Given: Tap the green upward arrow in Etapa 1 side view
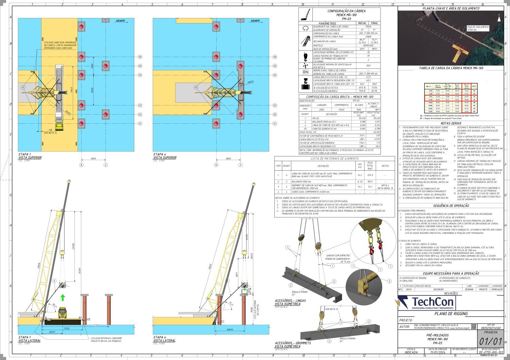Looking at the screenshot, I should coord(63,298).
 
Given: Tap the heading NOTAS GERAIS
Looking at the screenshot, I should coord(451,123).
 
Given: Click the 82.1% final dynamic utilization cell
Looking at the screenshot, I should coord(374,91).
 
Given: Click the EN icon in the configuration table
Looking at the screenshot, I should coord(305,72).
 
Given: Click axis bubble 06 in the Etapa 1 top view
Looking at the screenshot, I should coord(140,57).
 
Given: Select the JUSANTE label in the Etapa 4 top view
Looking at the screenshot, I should coord(255,21).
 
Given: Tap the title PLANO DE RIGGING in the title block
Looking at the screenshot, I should coord(451,313).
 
